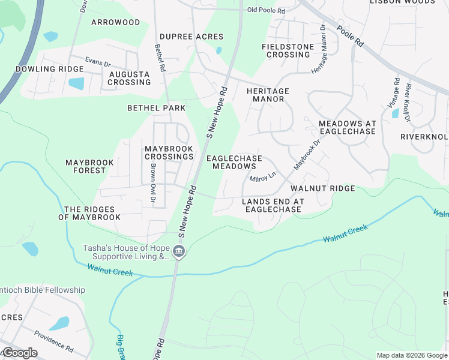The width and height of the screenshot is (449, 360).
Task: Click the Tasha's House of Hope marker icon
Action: (x=178, y=252)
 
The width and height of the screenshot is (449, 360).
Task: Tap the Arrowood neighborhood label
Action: (x=115, y=22)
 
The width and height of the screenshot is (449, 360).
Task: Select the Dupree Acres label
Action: (x=191, y=37)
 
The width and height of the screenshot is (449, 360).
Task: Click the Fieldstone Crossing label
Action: (x=286, y=50)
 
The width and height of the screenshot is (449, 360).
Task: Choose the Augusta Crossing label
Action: (x=129, y=78)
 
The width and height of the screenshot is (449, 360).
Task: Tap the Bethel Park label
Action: (x=157, y=108)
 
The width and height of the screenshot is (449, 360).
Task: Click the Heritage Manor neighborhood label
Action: (x=268, y=95)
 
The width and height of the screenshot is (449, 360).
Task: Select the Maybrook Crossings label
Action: (x=169, y=152)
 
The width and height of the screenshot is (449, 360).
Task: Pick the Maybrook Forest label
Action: (x=85, y=166)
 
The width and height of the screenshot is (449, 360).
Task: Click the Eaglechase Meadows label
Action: (x=234, y=162)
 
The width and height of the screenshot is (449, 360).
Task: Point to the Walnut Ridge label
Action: (x=322, y=188)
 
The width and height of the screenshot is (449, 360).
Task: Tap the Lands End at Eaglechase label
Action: (x=271, y=205)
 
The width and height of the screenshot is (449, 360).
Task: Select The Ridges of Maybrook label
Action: (x=89, y=213)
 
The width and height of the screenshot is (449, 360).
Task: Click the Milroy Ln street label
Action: (x=262, y=177)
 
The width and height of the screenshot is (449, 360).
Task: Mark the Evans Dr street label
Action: (x=98, y=62)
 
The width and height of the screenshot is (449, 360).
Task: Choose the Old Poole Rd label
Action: (x=266, y=10)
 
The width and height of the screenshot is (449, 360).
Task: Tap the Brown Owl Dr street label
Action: (x=153, y=182)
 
